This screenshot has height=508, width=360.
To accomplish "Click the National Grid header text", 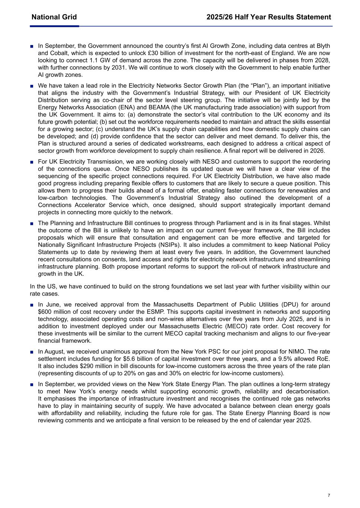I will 54,17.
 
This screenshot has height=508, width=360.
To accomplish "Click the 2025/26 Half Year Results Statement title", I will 269,17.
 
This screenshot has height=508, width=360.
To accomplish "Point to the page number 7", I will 329,495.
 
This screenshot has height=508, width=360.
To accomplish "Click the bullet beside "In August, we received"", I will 32,352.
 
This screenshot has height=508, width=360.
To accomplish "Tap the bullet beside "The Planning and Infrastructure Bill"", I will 32,224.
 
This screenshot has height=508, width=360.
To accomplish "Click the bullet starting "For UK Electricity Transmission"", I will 32,162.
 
